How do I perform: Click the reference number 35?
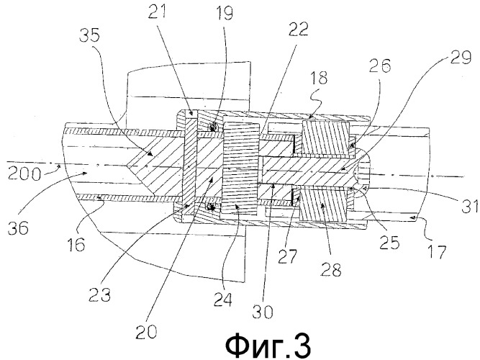pyautogui.click(x=90, y=35)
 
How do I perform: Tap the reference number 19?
pyautogui.click(x=224, y=13)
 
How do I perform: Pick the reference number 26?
pyautogui.click(x=380, y=66)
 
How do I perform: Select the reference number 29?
pyautogui.click(x=459, y=57)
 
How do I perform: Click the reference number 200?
pyautogui.click(x=24, y=174)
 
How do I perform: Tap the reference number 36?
pyautogui.click(x=19, y=228)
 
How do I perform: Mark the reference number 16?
pyautogui.click(x=76, y=245)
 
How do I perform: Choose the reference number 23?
pyautogui.click(x=99, y=294)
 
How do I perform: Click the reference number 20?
pyautogui.click(x=146, y=331)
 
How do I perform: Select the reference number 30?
pyautogui.click(x=263, y=312)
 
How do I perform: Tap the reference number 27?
pyautogui.click(x=288, y=256)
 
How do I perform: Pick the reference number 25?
pyautogui.click(x=389, y=243)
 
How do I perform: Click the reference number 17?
pyautogui.click(x=437, y=252)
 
